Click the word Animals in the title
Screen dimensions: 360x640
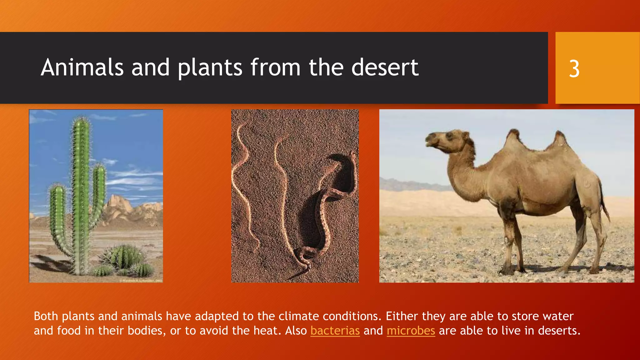point(82,67)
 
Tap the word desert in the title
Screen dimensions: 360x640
point(385,67)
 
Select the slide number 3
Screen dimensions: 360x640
point(574,69)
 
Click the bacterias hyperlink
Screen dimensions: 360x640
point(335,331)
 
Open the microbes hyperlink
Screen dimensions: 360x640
point(411,331)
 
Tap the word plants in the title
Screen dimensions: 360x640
point(210,67)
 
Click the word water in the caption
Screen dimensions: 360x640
point(558,316)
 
